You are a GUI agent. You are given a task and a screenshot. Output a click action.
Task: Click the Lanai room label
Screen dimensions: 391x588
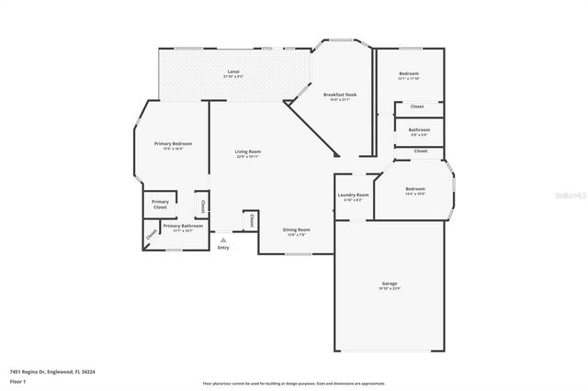point(233,71)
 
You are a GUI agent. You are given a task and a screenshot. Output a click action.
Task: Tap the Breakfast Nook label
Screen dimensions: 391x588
point(339,95)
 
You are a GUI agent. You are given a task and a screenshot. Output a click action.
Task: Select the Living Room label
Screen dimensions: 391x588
point(247,151)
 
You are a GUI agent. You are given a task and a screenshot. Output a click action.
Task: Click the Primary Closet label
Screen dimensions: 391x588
point(160,204)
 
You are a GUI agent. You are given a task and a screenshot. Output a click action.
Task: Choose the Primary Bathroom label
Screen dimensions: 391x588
point(183,225)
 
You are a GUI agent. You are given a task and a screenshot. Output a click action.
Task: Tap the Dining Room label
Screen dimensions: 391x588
point(296,229)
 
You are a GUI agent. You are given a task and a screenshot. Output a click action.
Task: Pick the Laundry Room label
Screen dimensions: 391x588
point(353,195)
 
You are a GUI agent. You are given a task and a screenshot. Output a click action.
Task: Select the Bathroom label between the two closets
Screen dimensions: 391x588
point(419,129)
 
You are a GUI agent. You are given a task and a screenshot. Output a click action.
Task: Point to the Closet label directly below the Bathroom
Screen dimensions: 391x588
point(421,151)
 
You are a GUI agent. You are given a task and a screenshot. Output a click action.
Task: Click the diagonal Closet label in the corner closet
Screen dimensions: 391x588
point(151,237)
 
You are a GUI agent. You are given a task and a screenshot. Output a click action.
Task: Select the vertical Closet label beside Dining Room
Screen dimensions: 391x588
point(251,220)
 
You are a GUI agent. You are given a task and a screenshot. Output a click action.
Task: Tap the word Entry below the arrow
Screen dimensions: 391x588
point(223,247)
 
